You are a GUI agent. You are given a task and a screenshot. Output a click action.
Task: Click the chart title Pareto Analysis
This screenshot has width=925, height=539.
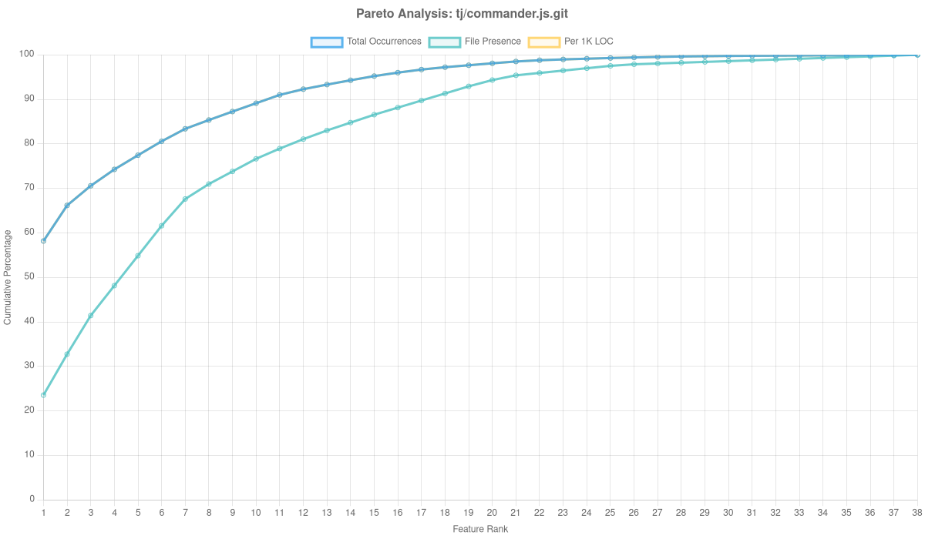tap(462, 14)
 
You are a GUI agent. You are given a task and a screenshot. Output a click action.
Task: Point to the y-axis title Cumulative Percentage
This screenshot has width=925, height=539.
tap(8, 277)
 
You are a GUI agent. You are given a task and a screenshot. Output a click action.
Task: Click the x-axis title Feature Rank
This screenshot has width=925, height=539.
tap(480, 530)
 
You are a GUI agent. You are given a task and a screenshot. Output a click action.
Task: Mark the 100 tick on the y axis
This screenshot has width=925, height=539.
tap(28, 54)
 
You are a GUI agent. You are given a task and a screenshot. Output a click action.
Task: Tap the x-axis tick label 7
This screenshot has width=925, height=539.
tap(185, 513)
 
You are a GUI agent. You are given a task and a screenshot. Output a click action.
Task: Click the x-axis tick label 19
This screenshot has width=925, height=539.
tap(469, 513)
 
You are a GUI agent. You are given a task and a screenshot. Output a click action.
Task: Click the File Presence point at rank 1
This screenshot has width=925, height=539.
tap(43, 395)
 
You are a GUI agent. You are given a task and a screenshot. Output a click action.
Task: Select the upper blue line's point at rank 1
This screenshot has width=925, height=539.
tap(43, 242)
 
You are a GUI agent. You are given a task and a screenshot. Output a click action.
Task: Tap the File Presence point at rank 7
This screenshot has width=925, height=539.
tap(185, 199)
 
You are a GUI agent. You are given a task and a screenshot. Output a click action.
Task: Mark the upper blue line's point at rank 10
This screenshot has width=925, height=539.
tap(256, 103)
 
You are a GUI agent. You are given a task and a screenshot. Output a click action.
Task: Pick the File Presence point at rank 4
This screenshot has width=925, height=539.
tap(114, 286)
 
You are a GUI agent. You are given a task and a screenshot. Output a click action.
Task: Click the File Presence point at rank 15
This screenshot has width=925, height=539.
tap(374, 115)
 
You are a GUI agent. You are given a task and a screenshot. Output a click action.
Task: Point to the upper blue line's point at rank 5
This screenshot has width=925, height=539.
tap(138, 156)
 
